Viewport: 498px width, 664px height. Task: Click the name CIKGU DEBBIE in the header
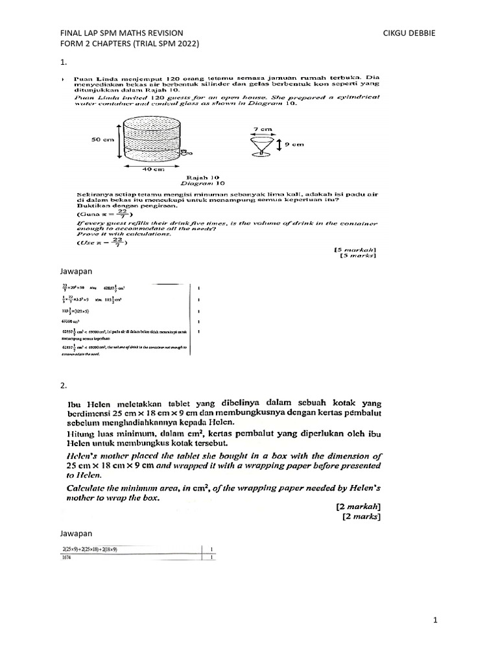coord(410,32)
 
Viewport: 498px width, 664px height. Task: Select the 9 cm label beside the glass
coord(295,145)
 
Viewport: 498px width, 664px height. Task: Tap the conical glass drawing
coord(262,145)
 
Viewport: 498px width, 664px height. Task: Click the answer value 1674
coord(67,556)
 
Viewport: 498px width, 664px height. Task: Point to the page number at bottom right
coord(437,621)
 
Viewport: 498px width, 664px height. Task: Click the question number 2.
coord(63,386)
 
